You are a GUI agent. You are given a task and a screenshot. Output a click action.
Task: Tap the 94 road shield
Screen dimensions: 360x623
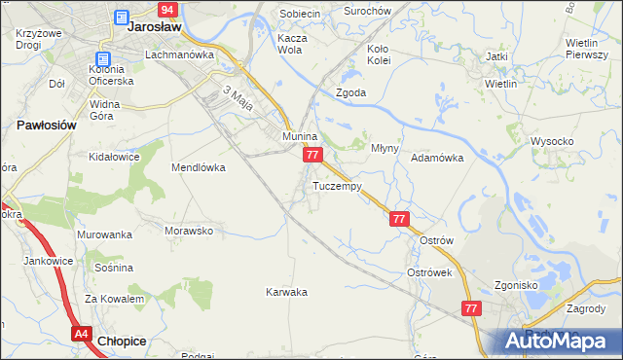point(167,10)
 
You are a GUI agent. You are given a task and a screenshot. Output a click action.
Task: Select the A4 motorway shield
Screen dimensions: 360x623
point(82,334)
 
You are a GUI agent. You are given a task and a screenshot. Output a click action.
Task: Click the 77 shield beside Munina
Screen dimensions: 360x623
point(311,156)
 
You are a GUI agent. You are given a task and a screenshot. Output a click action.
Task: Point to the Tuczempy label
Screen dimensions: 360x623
point(338,185)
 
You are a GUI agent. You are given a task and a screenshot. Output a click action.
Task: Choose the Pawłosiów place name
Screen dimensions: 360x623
point(47,126)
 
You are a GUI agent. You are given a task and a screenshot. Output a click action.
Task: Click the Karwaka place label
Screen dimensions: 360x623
point(287,291)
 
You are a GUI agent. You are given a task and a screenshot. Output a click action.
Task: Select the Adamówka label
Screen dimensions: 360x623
point(436,157)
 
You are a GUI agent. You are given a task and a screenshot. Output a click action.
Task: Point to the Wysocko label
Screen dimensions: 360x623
point(552,141)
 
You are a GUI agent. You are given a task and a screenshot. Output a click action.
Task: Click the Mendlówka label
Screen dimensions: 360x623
point(199,167)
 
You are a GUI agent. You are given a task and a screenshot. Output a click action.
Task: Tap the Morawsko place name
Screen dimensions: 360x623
point(189,231)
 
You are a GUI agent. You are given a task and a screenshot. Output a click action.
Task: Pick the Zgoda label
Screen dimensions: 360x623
point(350,92)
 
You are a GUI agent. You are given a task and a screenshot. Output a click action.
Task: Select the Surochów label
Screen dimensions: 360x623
point(368,13)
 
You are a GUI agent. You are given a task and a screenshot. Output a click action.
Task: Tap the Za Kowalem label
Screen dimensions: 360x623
point(107,299)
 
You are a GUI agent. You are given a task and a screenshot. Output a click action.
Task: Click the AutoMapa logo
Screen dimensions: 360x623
point(561,340)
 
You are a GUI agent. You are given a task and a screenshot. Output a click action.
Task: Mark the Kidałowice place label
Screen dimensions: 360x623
point(111,156)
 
